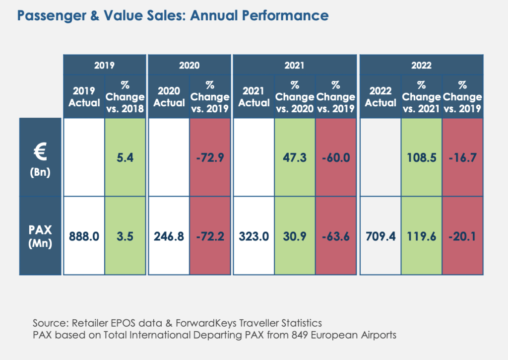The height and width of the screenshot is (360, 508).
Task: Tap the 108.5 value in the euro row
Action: (x=422, y=157)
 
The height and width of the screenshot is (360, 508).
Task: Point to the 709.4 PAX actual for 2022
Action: (x=381, y=236)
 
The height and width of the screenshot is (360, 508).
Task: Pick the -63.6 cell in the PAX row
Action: (x=335, y=236)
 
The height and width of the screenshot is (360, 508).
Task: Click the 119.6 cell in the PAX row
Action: (x=422, y=236)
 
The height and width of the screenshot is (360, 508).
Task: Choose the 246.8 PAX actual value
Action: (x=169, y=236)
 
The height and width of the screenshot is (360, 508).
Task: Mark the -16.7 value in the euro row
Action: (x=463, y=157)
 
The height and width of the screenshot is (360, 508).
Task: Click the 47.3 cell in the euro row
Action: (x=295, y=157)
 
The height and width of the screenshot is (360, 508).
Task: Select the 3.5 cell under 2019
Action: (x=125, y=236)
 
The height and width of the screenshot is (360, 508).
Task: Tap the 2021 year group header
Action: (x=295, y=65)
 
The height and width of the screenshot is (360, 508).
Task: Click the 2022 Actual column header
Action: (x=381, y=96)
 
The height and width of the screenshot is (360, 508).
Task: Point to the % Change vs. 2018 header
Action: (x=125, y=96)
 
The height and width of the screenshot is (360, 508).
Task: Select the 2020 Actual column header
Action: (x=169, y=96)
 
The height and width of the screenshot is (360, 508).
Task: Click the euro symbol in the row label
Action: (x=41, y=151)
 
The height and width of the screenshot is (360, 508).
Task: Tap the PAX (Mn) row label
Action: (x=41, y=236)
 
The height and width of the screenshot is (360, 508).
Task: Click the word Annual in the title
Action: (x=213, y=15)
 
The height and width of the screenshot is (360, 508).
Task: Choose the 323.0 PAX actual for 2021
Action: (x=254, y=236)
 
